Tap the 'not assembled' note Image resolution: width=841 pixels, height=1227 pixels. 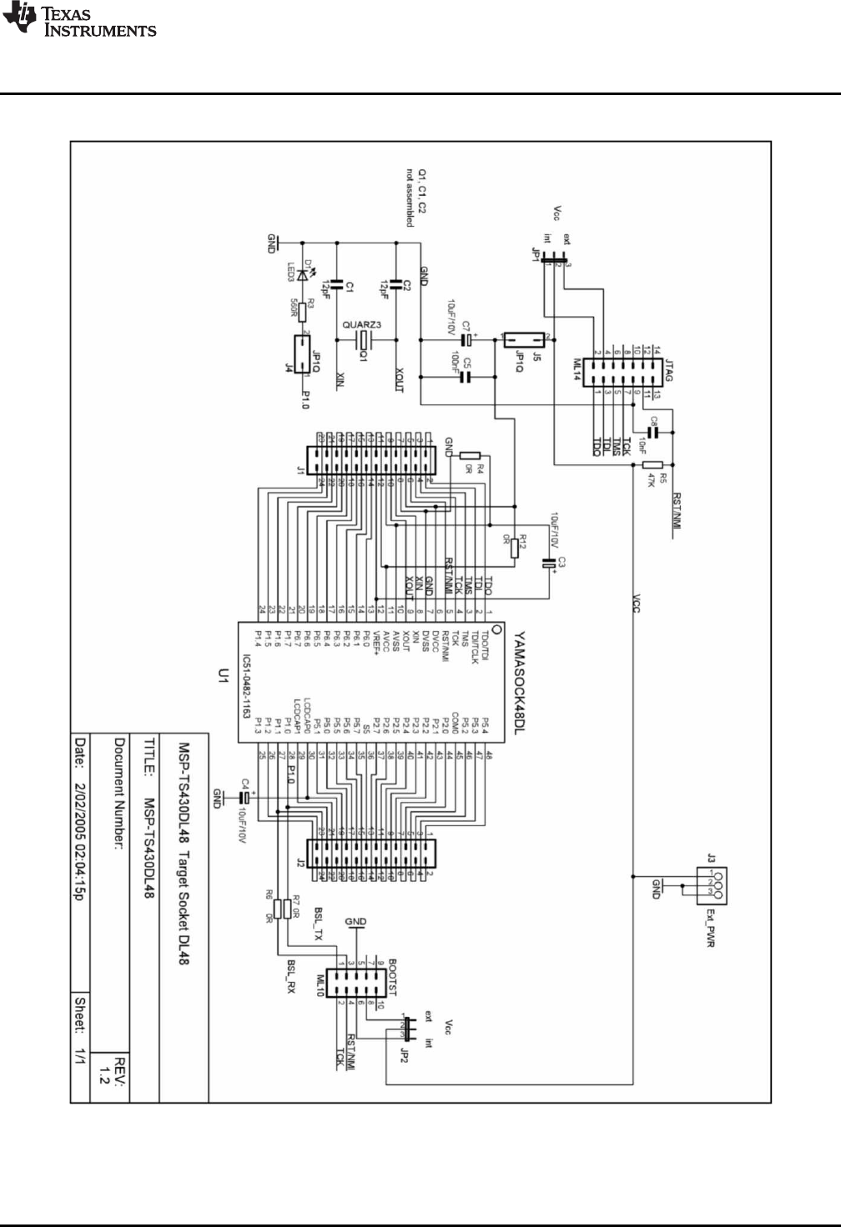pyautogui.click(x=410, y=197)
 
